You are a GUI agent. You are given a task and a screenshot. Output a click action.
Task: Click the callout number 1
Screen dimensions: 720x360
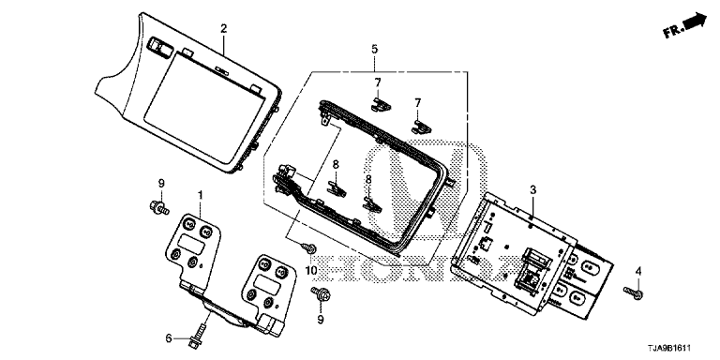coord(201,196)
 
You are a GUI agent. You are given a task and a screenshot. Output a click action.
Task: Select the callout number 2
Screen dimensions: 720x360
coord(224,28)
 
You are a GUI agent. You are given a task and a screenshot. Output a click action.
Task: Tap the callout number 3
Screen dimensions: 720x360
coord(532,189)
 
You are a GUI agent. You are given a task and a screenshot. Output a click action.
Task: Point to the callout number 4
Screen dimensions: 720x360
coord(637,271)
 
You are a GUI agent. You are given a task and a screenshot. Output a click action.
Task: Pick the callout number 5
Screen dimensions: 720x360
coord(375,49)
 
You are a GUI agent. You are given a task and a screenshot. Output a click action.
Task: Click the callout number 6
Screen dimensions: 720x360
coord(169,338)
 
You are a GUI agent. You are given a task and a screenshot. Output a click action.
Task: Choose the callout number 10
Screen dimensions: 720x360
coord(311,271)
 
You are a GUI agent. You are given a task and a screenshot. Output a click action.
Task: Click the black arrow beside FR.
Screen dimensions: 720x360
coord(696,22)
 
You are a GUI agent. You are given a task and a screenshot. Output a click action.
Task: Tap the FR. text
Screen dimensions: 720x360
coord(673,30)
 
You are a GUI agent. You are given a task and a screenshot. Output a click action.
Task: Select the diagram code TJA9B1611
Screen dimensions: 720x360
coord(669,349)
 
